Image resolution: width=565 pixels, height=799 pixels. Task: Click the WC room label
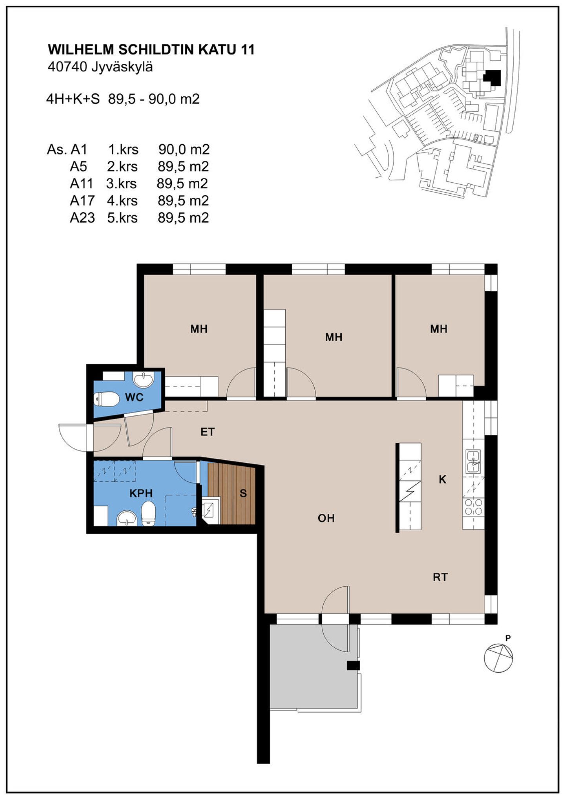click(x=134, y=397)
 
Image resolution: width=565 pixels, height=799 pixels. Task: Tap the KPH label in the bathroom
click(x=141, y=493)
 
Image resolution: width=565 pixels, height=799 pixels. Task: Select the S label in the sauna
click(x=243, y=493)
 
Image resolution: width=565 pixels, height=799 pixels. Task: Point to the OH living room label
click(x=326, y=518)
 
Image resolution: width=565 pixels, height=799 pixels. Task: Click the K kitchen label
click(x=443, y=479)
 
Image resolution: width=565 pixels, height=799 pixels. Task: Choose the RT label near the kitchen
click(x=440, y=577)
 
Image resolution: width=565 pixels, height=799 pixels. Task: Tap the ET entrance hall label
click(x=208, y=432)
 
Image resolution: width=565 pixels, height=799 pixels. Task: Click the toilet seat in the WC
click(x=106, y=400)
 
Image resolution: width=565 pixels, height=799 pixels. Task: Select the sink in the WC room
click(x=144, y=380)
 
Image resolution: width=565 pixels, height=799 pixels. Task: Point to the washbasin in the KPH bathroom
click(x=127, y=518)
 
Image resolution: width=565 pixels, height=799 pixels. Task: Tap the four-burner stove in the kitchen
click(x=473, y=507)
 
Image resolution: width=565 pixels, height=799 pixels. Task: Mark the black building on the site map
click(x=492, y=77)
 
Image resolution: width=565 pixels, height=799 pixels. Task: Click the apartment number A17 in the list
click(x=82, y=201)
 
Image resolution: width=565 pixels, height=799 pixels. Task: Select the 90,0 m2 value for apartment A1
click(x=184, y=149)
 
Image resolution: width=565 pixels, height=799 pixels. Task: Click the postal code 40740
click(x=67, y=67)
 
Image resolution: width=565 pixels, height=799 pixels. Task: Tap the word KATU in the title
click(x=217, y=50)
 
